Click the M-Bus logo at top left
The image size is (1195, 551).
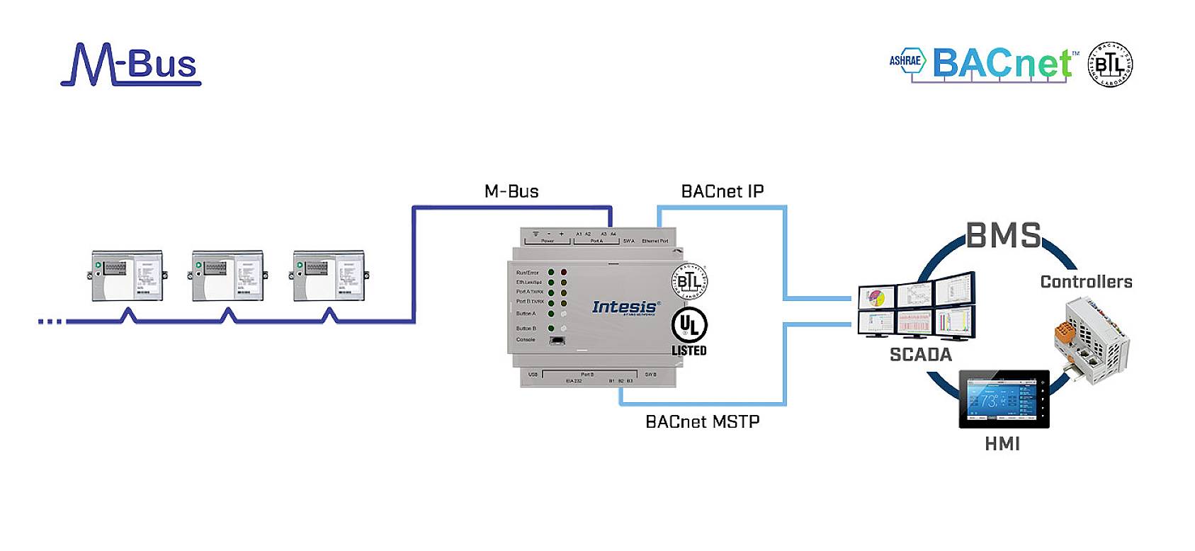click(x=131, y=65)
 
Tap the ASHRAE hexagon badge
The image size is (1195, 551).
click(x=907, y=61)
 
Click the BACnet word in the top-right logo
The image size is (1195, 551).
click(x=1002, y=64)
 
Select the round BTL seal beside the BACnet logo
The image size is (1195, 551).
click(x=1110, y=64)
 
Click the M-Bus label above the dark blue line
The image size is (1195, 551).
click(x=511, y=191)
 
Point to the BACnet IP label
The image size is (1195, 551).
click(x=722, y=191)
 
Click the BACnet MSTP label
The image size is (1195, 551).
click(x=702, y=421)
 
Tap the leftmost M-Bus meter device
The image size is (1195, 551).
click(x=128, y=275)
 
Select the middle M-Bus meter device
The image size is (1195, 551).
click(x=228, y=275)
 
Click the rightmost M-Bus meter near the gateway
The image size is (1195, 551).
click(x=329, y=275)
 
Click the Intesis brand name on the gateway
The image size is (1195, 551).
click(x=624, y=307)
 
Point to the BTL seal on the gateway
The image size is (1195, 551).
click(x=689, y=281)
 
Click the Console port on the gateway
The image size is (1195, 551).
click(x=557, y=341)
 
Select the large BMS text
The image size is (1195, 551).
click(x=1004, y=235)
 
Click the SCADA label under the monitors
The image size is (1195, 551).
click(x=920, y=355)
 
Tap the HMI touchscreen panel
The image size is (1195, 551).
click(x=1004, y=399)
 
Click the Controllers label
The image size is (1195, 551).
click(x=1086, y=282)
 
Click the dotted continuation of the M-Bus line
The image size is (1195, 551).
click(x=50, y=322)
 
